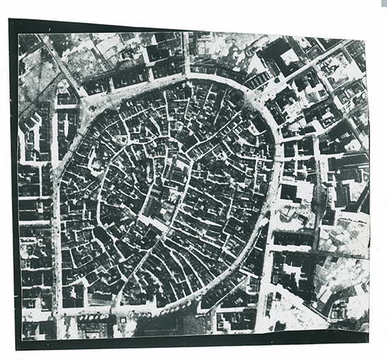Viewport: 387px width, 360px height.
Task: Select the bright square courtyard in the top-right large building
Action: [289, 55]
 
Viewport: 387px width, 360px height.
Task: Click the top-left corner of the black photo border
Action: [10, 20]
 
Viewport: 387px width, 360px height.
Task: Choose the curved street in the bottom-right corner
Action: [311, 311]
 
